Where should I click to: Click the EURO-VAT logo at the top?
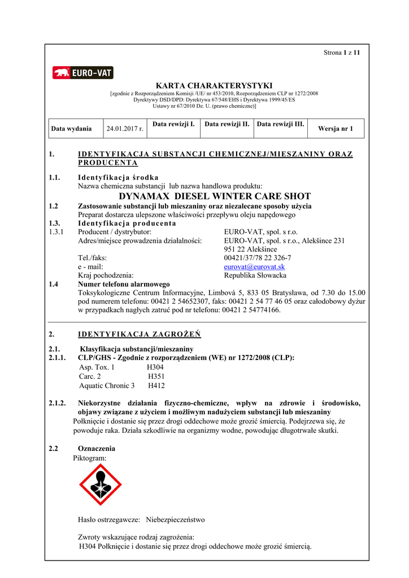[x=83, y=73]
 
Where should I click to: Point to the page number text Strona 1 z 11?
[x=342, y=52]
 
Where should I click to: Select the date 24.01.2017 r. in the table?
[x=124, y=129]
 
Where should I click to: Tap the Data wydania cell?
[x=71, y=129]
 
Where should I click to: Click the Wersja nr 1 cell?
[x=336, y=129]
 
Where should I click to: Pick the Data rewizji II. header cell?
[x=226, y=124]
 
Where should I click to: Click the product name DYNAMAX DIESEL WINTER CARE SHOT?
[x=215, y=196]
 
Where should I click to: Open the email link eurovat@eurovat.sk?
[x=254, y=267]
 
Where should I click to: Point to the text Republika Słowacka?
[x=255, y=275]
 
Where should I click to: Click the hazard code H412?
[x=156, y=386]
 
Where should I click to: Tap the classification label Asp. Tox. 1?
[x=97, y=367]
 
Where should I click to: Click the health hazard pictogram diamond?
[x=101, y=484]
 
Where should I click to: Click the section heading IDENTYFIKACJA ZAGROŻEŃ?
[x=139, y=334]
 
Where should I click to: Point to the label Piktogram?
[x=89, y=458]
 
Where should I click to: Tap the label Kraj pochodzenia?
[x=106, y=275]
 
